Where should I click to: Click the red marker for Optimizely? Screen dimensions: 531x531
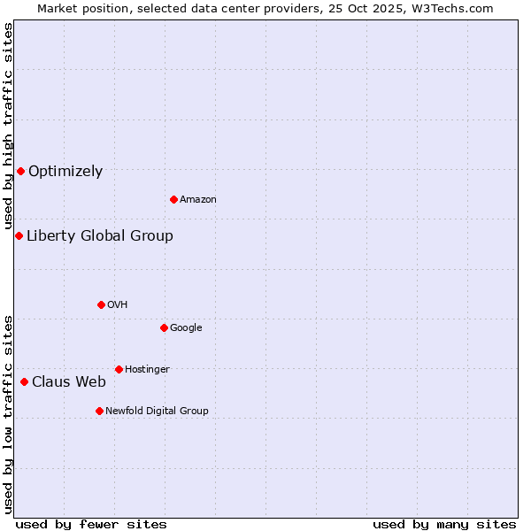point(20,171)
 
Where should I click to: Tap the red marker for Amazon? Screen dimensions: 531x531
point(173,199)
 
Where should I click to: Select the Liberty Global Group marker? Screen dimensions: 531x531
point(19,235)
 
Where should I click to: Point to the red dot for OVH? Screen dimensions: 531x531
point(101,304)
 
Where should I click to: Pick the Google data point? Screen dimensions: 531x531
point(164,327)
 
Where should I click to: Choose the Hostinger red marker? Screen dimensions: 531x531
point(119,369)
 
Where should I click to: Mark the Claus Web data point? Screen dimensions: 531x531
point(24,381)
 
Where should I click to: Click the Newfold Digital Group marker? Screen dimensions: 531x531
point(99,411)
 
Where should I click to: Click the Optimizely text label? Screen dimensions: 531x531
point(65,172)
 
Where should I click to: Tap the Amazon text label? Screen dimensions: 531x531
point(198,200)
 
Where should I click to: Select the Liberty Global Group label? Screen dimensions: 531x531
point(100,235)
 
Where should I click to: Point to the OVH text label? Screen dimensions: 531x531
point(118,305)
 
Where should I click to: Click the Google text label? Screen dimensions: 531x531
point(186,328)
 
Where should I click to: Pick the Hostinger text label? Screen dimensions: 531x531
point(147,370)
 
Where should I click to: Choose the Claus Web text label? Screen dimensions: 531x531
point(69,382)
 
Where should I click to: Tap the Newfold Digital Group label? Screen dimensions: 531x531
point(157,412)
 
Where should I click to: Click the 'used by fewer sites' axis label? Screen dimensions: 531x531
point(91,524)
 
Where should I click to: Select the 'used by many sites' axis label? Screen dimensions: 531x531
point(444,524)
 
